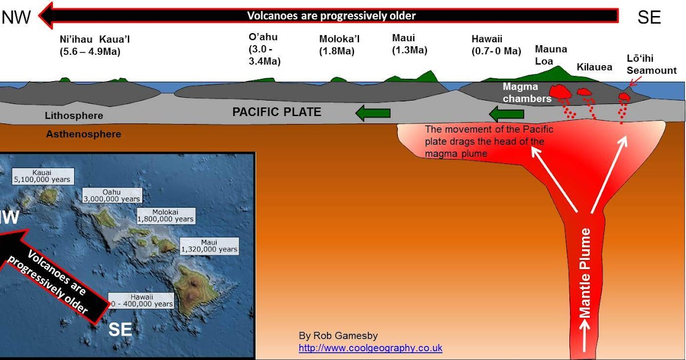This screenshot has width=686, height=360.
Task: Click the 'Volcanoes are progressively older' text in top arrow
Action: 331,15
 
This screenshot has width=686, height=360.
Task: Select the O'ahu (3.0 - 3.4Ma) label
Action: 264,49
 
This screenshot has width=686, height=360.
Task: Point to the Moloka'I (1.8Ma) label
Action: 340,45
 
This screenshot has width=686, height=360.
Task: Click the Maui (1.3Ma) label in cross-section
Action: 409,44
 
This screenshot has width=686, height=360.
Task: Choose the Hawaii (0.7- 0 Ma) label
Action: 496,45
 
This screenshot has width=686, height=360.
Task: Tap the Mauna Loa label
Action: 551,55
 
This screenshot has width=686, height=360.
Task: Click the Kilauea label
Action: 594,67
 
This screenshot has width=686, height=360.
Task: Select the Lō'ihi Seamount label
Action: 651,65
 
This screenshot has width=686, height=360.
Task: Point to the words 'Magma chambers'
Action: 527,93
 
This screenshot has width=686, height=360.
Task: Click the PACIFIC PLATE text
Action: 277,112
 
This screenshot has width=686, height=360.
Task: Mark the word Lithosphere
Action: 74,116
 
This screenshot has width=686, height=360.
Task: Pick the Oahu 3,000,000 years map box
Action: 111,195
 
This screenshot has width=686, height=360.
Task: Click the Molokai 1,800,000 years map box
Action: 166,215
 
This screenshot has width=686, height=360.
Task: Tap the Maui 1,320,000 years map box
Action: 209,245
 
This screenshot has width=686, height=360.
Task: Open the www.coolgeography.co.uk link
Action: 370,348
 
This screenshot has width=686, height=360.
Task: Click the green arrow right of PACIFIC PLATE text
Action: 373,113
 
